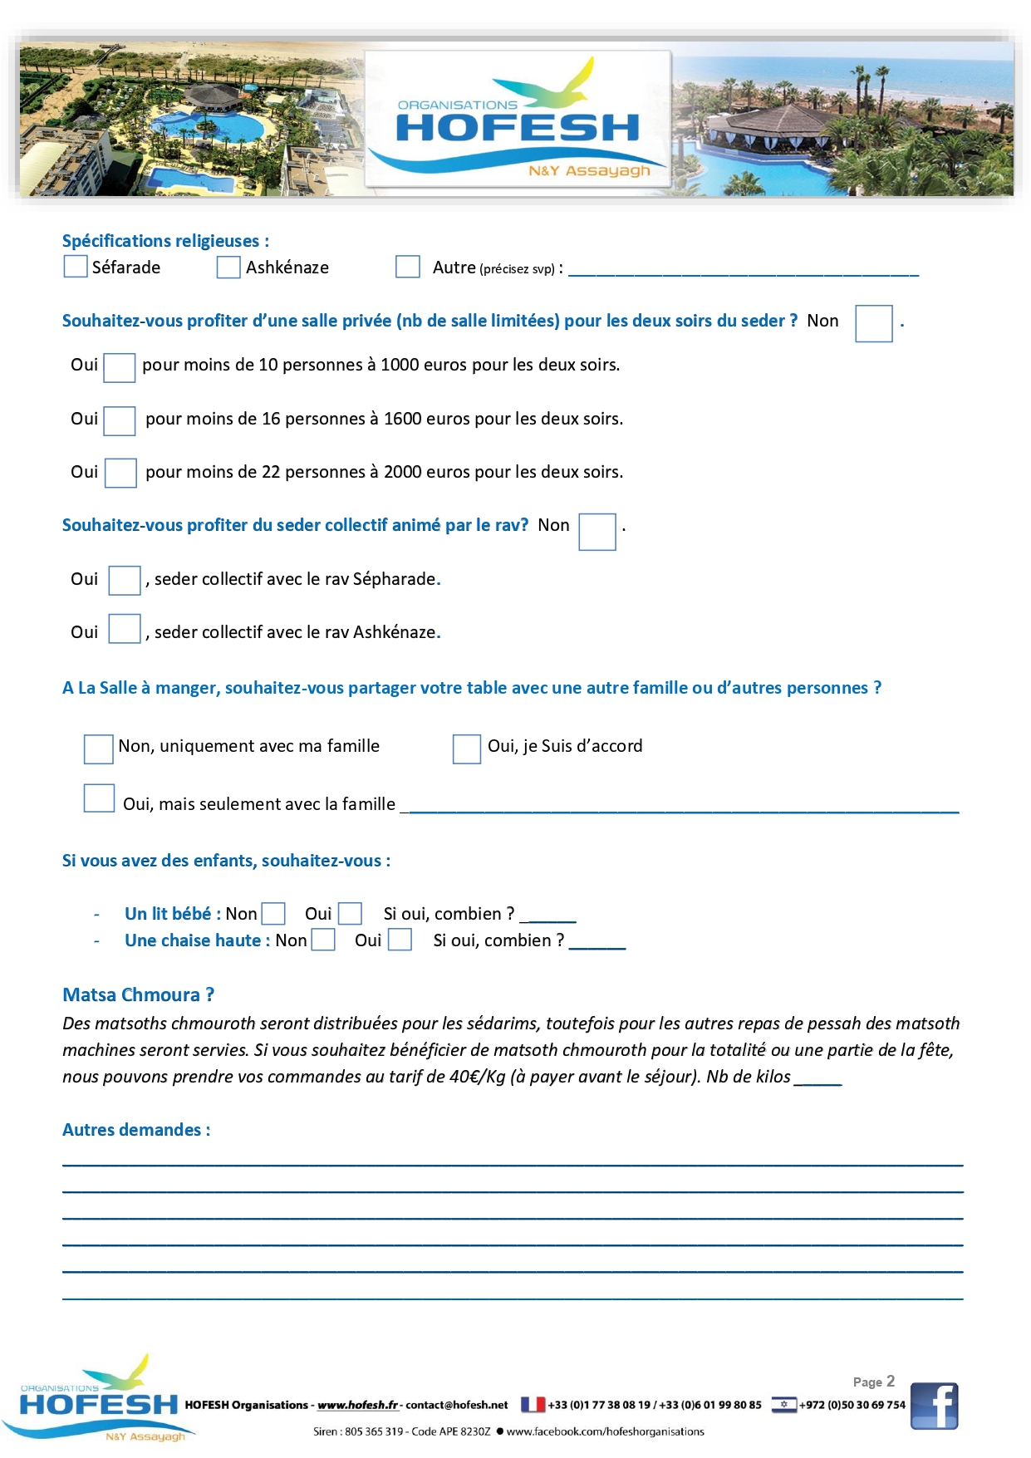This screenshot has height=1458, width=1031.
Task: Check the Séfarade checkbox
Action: point(76,267)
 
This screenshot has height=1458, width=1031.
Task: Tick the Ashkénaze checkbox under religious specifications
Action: point(228,268)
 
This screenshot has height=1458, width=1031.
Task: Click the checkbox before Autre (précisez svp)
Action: point(407,267)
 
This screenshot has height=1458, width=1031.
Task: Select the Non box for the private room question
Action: point(873,323)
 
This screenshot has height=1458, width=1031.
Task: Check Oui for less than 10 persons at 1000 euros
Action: point(120,367)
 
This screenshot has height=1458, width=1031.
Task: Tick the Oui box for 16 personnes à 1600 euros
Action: point(120,420)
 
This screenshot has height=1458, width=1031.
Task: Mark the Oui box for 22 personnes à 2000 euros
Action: point(120,473)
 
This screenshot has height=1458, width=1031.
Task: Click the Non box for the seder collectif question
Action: point(597,532)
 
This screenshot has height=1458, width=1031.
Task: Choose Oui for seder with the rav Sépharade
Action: point(125,580)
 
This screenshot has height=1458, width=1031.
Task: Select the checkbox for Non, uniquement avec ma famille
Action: point(98,749)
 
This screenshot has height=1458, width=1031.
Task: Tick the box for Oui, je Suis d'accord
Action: point(466,749)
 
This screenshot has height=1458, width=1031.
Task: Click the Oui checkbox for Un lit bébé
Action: point(351,914)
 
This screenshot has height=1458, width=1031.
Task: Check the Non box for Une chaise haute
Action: point(323,940)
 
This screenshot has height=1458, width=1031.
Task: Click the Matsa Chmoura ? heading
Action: point(139,994)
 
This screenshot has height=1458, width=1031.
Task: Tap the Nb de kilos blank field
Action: point(818,1078)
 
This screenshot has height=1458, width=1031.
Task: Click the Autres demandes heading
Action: point(136,1130)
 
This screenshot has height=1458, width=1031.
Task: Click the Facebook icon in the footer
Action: point(934,1406)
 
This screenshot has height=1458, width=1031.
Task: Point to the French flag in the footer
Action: point(533,1405)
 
